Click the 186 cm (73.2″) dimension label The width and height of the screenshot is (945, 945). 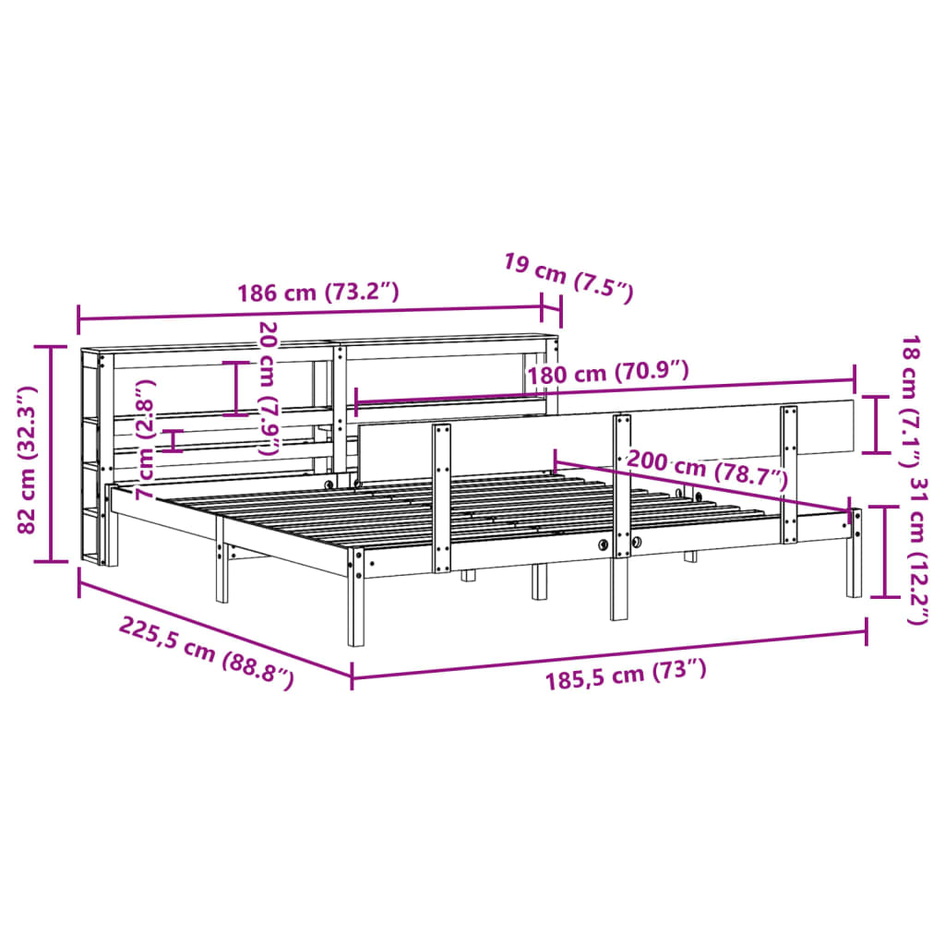[x=318, y=293]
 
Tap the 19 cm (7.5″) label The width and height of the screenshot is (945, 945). [x=568, y=279]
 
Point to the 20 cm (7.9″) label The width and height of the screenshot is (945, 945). [x=269, y=389]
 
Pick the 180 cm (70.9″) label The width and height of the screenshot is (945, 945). [x=608, y=373]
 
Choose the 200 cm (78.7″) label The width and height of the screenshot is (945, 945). [x=708, y=468]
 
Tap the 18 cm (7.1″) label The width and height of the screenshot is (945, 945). [x=909, y=401]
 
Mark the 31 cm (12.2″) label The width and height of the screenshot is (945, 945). [x=918, y=551]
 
